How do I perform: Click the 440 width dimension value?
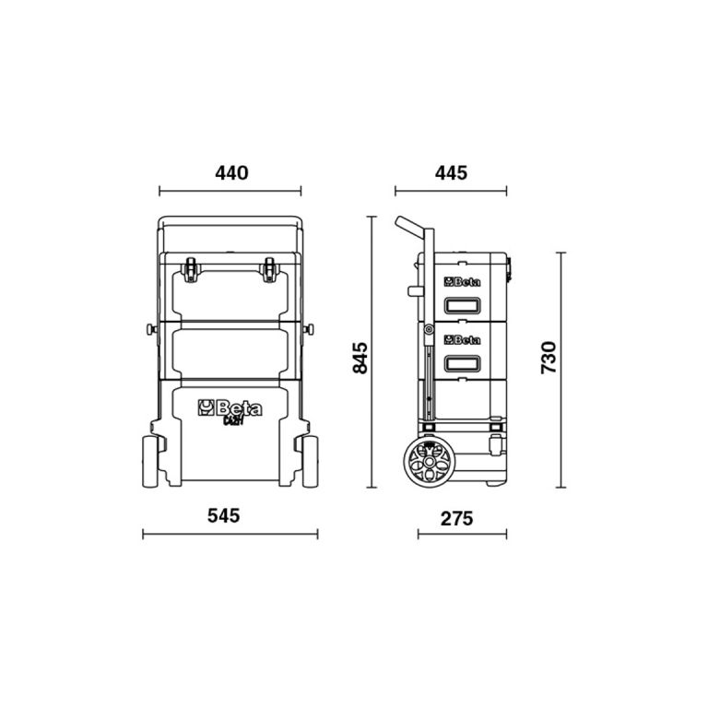pos(230,172)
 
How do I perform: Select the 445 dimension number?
pos(450,172)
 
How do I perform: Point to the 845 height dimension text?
pos(360,358)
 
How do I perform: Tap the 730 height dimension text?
pos(548,358)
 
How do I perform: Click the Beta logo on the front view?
pos(230,407)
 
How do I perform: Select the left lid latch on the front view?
pos(191,269)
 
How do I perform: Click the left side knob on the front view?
pos(147,329)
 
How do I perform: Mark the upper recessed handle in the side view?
pos(463,305)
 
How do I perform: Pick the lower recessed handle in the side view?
pos(463,361)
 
